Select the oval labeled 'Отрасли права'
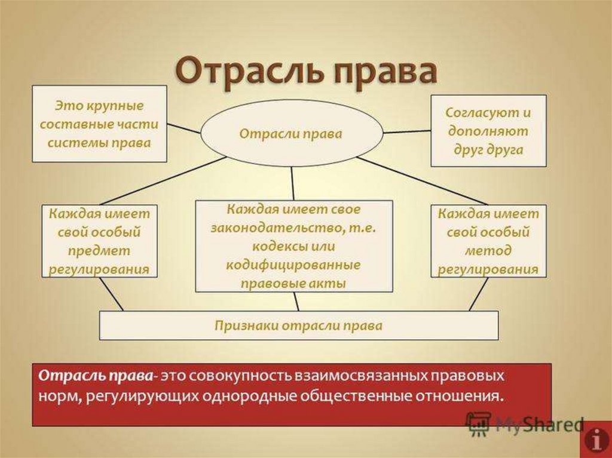point(291,133)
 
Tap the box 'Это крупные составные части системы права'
point(99,124)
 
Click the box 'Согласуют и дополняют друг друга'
point(488,130)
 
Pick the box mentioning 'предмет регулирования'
point(99,241)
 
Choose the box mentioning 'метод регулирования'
point(488,241)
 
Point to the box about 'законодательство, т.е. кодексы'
point(294,245)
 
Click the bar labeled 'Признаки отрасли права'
point(298,325)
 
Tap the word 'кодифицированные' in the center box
point(293,265)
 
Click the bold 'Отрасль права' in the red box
point(96,377)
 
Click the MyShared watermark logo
point(524,424)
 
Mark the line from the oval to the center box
point(292,183)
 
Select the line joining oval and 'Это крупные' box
point(184,128)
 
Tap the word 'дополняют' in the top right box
point(488,131)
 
